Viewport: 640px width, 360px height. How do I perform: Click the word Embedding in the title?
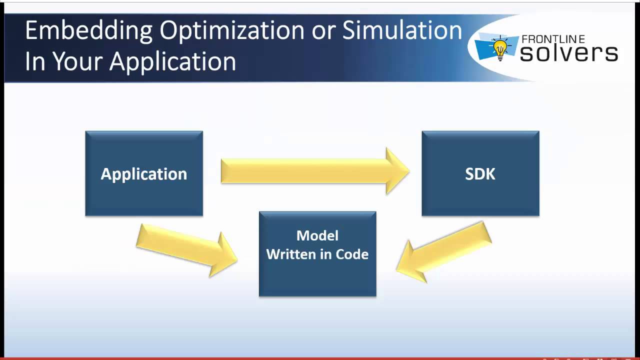(88, 31)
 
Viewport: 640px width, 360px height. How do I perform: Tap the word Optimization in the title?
(231, 31)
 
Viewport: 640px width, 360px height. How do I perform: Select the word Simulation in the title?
(402, 30)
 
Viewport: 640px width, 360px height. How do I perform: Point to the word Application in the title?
(172, 62)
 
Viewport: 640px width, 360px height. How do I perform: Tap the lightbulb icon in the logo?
(500, 48)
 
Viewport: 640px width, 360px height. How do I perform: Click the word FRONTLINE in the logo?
(552, 39)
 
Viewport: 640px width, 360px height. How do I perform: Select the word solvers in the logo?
(568, 53)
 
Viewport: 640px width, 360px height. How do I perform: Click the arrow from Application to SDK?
(315, 170)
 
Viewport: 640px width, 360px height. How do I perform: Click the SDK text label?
(480, 173)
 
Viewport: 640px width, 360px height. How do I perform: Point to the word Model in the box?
(317, 235)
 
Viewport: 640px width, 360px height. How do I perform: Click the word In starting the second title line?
(35, 61)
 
